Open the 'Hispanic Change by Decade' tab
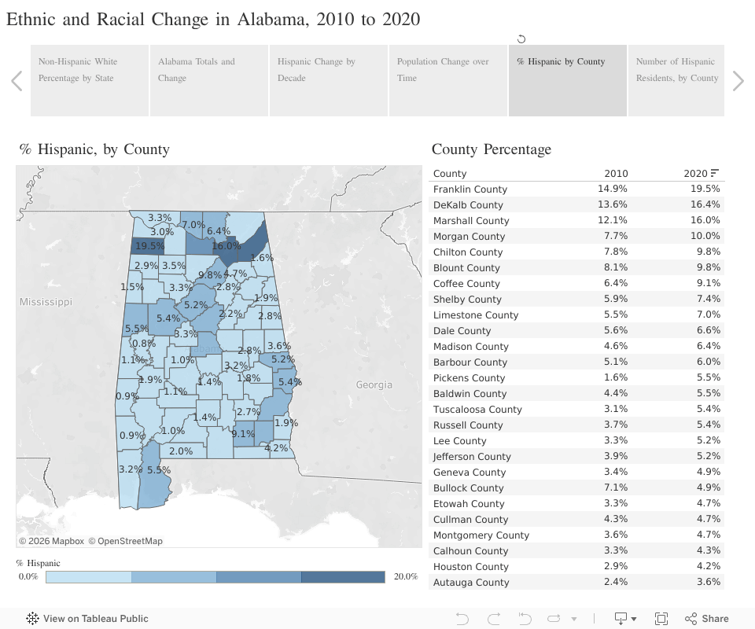pos(329,70)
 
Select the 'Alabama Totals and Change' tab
pos(209,70)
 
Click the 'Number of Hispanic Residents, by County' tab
pos(676,70)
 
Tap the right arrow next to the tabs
pos(738,81)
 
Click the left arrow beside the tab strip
pos(17,81)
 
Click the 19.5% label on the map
pos(149,246)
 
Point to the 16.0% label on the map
pos(226,246)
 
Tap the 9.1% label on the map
pos(243,433)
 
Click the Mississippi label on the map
pos(46,302)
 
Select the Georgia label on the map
pos(374,384)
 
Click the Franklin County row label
pos(470,189)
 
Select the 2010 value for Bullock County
pos(616,488)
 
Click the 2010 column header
pos(616,174)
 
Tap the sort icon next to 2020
pos(715,173)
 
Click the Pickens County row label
pos(469,378)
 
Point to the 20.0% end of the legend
pos(405,576)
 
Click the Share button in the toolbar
pos(707,619)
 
